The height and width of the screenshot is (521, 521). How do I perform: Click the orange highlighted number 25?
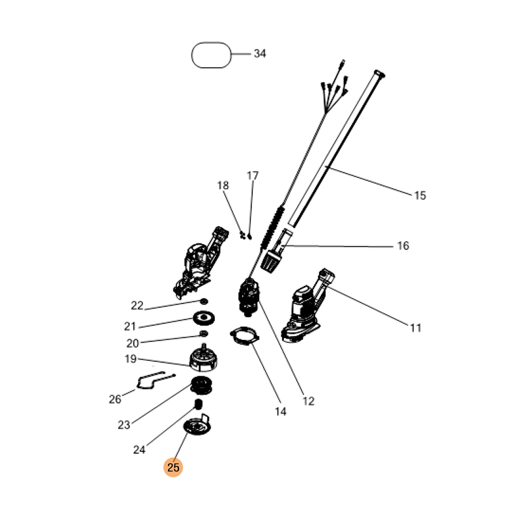tap(173, 467)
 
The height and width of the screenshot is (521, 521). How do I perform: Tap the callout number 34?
tap(260, 53)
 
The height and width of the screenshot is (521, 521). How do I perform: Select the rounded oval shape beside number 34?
tap(211, 55)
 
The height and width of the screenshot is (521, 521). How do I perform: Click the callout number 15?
tap(420, 195)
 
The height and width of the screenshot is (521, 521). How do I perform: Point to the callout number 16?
tap(403, 246)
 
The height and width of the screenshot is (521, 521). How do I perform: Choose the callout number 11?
tap(415, 328)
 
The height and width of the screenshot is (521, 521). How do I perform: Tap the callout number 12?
tap(308, 401)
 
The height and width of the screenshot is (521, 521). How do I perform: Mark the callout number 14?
tap(281, 412)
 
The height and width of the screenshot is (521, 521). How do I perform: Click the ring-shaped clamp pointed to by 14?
tap(245, 336)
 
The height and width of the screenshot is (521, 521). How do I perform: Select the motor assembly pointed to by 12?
tap(249, 298)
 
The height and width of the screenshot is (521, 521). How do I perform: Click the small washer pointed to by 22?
tap(204, 302)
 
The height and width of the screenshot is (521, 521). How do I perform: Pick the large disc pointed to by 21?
tap(204, 318)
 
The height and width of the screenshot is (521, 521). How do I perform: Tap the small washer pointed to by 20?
tap(204, 333)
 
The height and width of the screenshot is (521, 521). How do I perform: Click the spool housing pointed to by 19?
tap(203, 358)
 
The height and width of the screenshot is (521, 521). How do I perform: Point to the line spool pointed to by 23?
tap(201, 386)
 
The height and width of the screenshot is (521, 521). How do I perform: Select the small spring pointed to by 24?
tap(199, 404)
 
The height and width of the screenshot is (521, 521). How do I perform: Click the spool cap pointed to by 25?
tap(197, 425)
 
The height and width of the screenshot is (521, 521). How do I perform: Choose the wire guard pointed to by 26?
tap(156, 380)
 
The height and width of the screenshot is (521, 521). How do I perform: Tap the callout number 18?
tap(223, 185)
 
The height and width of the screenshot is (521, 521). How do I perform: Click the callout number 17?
tap(253, 175)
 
